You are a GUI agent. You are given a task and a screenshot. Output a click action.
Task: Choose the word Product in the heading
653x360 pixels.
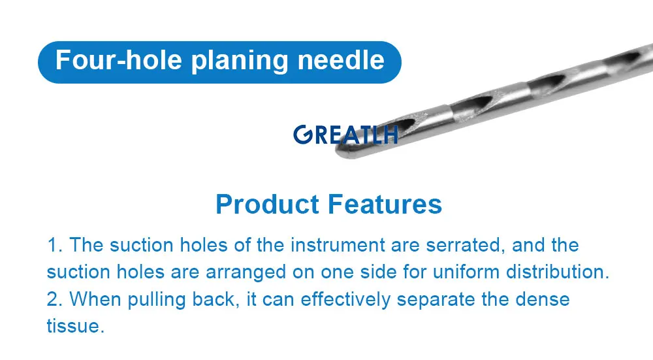(268, 205)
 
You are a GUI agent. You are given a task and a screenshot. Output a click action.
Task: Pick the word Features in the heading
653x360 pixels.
(385, 205)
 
